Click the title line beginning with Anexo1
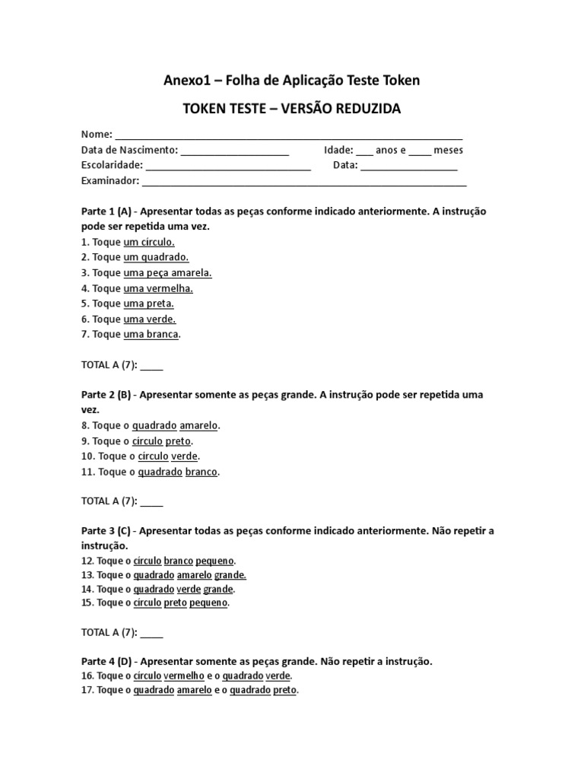click(292, 80)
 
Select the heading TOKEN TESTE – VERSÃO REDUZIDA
click(292, 109)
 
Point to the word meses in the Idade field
click(448, 150)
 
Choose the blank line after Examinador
click(304, 182)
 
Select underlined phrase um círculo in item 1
click(149, 242)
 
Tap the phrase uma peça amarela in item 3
click(167, 272)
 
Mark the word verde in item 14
click(188, 589)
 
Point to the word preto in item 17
click(284, 690)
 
